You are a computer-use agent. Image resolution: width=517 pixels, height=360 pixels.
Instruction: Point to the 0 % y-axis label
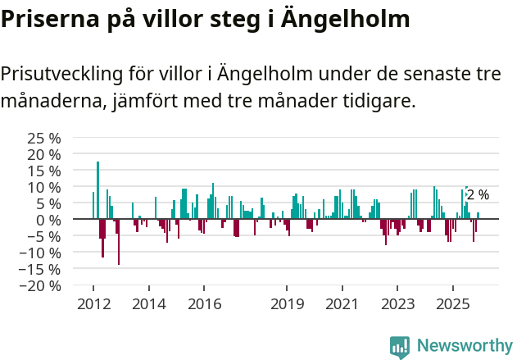point(48,220)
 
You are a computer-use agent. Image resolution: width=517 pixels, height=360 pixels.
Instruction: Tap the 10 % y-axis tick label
point(43,187)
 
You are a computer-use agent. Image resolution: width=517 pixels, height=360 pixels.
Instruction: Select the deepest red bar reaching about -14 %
point(119,242)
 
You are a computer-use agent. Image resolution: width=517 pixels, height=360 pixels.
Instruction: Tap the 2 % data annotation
point(478,195)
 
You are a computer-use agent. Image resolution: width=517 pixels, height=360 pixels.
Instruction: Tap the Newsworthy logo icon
point(400,347)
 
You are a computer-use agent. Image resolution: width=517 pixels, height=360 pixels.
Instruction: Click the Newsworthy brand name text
point(465,347)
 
